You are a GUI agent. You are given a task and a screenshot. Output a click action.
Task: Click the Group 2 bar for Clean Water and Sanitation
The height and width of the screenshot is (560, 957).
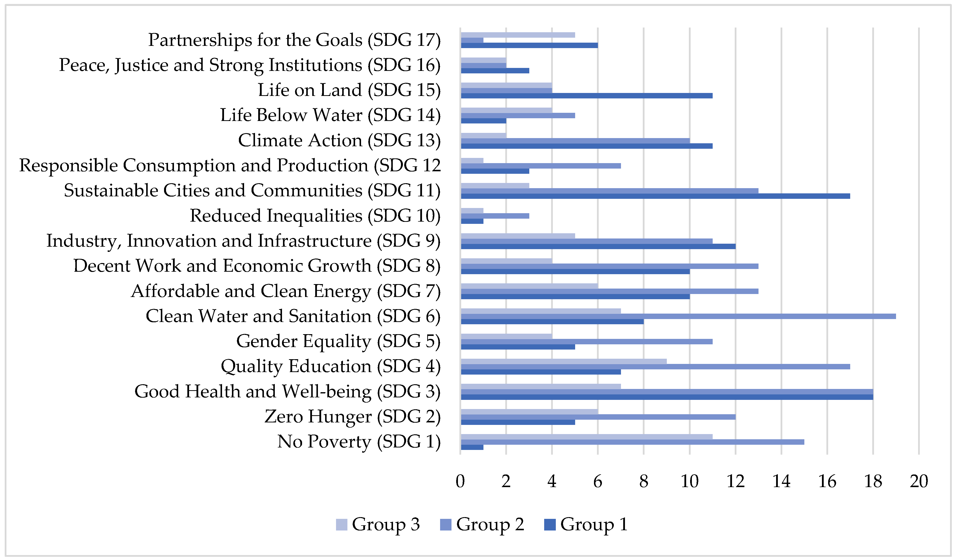pyautogui.click(x=678, y=316)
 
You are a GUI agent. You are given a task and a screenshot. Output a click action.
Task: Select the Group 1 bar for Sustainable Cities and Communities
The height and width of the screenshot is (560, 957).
pyautogui.click(x=655, y=196)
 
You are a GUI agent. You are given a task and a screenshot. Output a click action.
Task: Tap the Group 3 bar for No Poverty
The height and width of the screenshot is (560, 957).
pyautogui.click(x=586, y=437)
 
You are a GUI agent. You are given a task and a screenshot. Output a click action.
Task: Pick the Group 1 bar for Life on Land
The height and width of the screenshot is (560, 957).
pyautogui.click(x=586, y=96)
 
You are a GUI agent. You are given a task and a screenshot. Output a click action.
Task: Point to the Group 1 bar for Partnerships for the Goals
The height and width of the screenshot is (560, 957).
pyautogui.click(x=529, y=45)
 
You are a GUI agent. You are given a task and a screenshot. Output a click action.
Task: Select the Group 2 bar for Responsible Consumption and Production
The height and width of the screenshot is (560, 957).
pyautogui.click(x=540, y=166)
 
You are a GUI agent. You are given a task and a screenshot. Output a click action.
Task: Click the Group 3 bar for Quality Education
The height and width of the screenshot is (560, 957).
pyautogui.click(x=563, y=361)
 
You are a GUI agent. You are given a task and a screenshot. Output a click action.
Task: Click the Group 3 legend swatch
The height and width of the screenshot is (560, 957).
pyautogui.click(x=341, y=525)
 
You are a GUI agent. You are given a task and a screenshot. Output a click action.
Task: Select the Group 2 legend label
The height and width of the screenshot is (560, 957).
pyautogui.click(x=490, y=525)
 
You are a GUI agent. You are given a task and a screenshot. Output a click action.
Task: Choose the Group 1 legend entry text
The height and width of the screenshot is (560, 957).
pyautogui.click(x=594, y=525)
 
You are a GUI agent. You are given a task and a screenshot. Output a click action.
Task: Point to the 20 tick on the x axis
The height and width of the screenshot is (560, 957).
pyautogui.click(x=919, y=481)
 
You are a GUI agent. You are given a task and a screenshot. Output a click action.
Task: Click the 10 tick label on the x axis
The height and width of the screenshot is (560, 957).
pyautogui.click(x=689, y=481)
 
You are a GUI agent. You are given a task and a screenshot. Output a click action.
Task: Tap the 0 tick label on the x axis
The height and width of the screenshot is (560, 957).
pyautogui.click(x=460, y=481)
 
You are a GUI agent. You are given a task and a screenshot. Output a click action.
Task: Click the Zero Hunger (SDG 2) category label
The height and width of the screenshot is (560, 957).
pyautogui.click(x=352, y=416)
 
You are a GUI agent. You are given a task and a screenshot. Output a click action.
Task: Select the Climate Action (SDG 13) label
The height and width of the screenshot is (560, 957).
pyautogui.click(x=339, y=140)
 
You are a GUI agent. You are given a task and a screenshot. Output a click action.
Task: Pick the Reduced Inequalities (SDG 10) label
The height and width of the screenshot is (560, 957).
pyautogui.click(x=315, y=216)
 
